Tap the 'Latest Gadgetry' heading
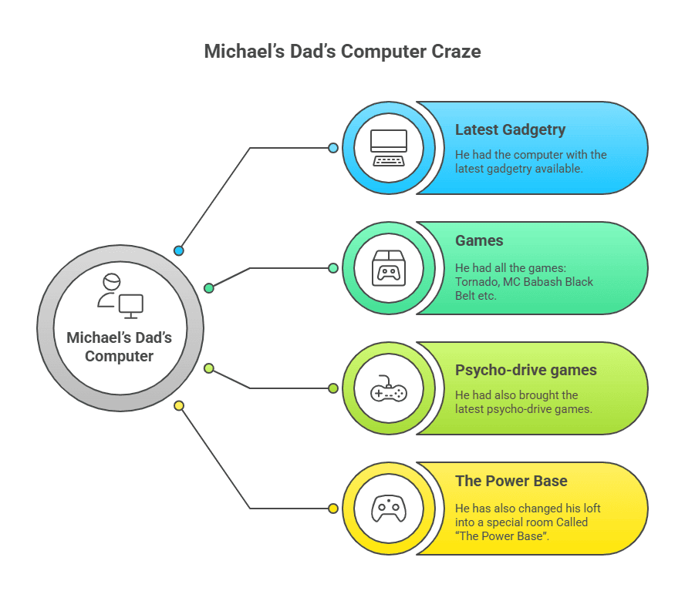tap(510, 129)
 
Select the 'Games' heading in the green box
tap(479, 240)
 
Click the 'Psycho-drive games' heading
tap(525, 370)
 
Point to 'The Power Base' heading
tap(511, 481)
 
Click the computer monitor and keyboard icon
tap(389, 147)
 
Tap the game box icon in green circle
tap(389, 267)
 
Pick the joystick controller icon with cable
tap(389, 388)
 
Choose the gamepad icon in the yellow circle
tap(389, 509)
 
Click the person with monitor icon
tap(120, 295)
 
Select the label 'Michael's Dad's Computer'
tap(120, 347)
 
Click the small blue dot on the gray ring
tap(179, 250)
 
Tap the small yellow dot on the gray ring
tap(179, 405)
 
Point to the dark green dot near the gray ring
tap(208, 288)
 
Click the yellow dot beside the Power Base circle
tap(333, 509)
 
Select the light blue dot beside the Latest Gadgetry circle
tap(333, 147)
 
